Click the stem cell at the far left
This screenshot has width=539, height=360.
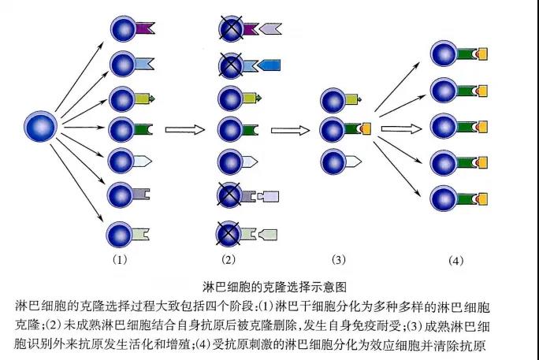42,126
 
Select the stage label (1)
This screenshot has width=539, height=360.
120,258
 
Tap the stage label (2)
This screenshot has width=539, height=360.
229,258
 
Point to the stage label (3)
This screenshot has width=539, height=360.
339,258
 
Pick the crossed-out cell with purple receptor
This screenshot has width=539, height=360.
232,30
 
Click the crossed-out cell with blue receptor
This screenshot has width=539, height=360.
232,64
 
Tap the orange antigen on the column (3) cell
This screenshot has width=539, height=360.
367,128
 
